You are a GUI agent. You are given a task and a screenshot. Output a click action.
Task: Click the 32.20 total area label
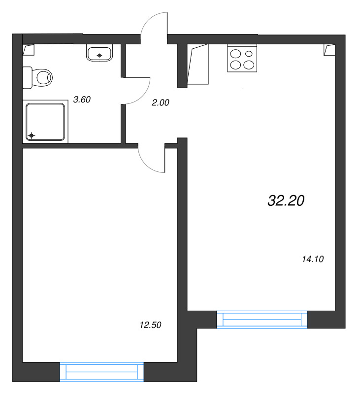tap(286, 200)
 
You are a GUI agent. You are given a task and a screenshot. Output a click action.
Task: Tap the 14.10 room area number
tap(313, 259)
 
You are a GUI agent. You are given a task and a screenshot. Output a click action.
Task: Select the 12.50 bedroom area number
tap(150, 325)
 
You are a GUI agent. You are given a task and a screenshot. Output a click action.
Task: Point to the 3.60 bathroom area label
tap(82, 99)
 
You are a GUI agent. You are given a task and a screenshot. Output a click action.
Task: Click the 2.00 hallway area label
tap(161, 102)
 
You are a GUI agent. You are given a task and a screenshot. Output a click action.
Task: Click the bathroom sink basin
tap(99, 53)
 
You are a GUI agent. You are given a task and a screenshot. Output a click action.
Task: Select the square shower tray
tap(45, 122)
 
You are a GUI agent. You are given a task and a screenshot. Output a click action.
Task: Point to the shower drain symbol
tap(32, 136)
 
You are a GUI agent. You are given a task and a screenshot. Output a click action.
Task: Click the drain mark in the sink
tap(99, 56)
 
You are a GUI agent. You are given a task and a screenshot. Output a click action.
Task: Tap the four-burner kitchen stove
tap(242, 58)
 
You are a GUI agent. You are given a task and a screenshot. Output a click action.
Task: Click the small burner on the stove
tap(249, 54)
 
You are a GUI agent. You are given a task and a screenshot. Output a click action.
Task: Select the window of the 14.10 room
tap(262, 319)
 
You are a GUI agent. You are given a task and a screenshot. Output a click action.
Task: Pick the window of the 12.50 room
tap(101, 372)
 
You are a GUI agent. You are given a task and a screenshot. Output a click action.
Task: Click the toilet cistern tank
tap(28, 78)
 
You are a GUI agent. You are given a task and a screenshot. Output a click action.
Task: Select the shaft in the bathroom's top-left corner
tap(29, 50)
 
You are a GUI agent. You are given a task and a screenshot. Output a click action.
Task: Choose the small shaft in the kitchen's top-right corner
tap(329, 50)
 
